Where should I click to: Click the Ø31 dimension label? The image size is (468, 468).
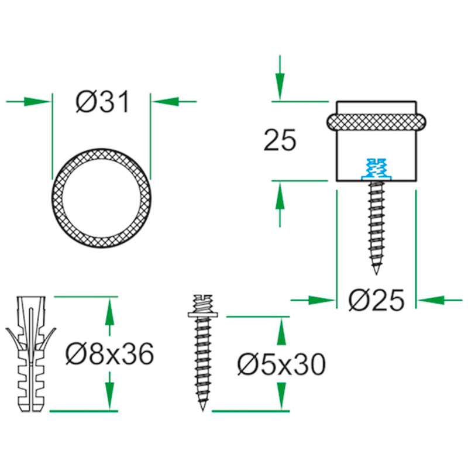tap(102, 102)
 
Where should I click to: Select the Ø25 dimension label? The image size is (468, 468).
tap(376, 300)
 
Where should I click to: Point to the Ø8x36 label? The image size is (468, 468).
tap(110, 353)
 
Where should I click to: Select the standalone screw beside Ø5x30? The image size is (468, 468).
tap(203, 357)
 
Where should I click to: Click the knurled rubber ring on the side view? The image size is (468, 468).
tap(376, 122)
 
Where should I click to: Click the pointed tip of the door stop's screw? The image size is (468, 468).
tap(377, 272)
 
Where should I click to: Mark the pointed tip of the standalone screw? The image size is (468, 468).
tap(203, 407)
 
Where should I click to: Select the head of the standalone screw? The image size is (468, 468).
tap(203, 307)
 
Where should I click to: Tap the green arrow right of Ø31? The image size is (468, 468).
tap(175, 102)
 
